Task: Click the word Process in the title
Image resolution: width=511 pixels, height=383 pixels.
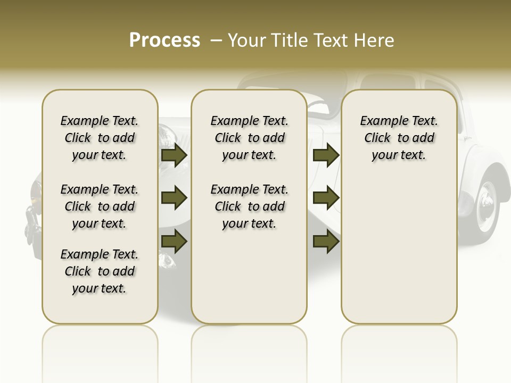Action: point(164,40)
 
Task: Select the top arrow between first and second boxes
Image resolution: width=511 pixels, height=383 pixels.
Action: point(174,155)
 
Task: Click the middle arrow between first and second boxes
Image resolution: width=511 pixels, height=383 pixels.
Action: point(174,198)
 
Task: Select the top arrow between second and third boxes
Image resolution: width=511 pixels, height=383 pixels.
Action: point(326,155)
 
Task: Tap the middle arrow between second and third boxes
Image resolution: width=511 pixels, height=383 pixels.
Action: point(326,198)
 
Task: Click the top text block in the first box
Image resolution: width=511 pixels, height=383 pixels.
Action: point(100,138)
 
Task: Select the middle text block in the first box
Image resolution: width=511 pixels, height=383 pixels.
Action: point(100,206)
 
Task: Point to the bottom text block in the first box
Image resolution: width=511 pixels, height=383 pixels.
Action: point(100,271)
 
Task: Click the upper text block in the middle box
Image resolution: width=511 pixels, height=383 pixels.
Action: point(249,138)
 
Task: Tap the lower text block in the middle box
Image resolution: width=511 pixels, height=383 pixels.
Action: point(249,206)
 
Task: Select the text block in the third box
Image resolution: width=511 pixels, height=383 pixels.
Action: point(399,138)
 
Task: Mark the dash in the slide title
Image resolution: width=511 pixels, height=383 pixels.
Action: point(216,40)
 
